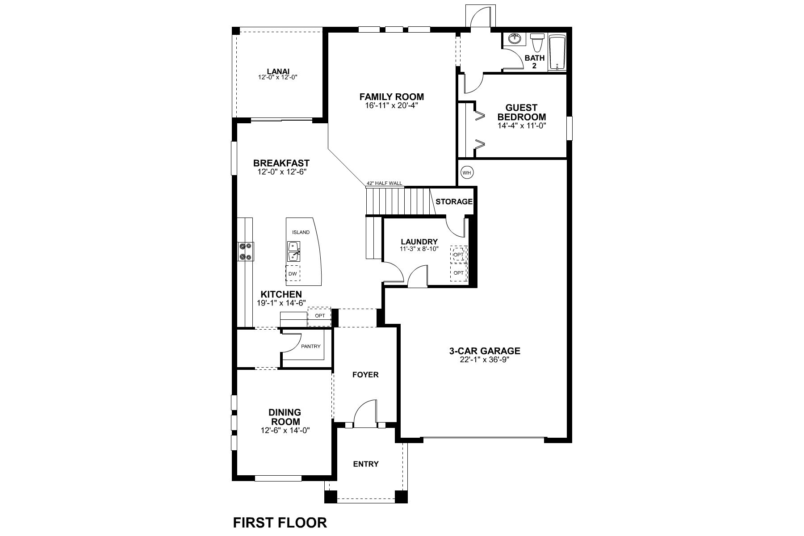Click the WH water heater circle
point(467,172)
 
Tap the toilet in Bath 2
point(537,43)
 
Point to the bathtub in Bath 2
point(557,52)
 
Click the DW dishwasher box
point(293,273)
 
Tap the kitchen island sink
point(293,251)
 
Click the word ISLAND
point(301,232)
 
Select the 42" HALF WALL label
point(384,183)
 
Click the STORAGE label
point(454,201)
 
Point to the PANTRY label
point(311,346)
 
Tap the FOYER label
point(365,375)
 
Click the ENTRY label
point(366,464)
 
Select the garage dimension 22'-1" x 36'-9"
point(485,360)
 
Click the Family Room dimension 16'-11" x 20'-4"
point(391,105)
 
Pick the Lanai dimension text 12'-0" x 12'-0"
point(278,77)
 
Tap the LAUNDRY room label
point(419,242)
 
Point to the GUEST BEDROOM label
point(522,112)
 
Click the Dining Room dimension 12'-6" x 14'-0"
point(285,431)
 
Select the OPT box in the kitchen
point(320,316)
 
